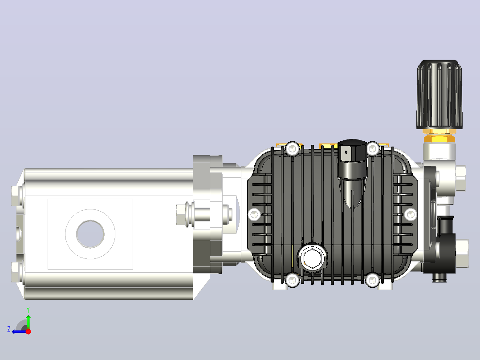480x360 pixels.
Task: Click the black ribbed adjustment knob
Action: pos(439,94)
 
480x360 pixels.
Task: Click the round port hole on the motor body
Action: pos(90,234)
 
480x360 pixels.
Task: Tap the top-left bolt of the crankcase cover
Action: pos(293,149)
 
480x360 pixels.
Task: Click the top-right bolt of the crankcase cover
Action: pos(373,149)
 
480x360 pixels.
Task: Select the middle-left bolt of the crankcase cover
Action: pos(254,214)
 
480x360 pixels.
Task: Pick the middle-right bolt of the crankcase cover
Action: pos(410,214)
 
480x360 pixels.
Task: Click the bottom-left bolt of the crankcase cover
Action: pos(293,280)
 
